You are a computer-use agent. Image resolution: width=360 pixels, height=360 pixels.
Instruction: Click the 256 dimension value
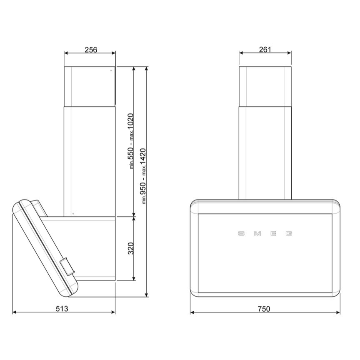(91, 50)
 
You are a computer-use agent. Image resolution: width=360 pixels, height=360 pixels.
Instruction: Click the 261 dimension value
(265, 49)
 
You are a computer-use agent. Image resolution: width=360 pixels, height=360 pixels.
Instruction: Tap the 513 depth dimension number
(62, 309)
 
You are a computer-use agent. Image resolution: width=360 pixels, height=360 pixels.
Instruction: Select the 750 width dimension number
(264, 309)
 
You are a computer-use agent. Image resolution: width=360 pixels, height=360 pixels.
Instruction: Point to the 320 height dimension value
(131, 248)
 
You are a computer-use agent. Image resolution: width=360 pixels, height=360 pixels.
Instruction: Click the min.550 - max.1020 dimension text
(131, 141)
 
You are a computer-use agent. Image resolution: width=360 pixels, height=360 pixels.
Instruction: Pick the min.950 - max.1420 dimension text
(143, 176)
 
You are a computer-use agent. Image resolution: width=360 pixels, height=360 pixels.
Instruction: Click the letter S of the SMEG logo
(241, 233)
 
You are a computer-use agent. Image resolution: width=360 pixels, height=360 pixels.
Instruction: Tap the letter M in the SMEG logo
(257, 233)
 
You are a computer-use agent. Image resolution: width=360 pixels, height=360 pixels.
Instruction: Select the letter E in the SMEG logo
(273, 233)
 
